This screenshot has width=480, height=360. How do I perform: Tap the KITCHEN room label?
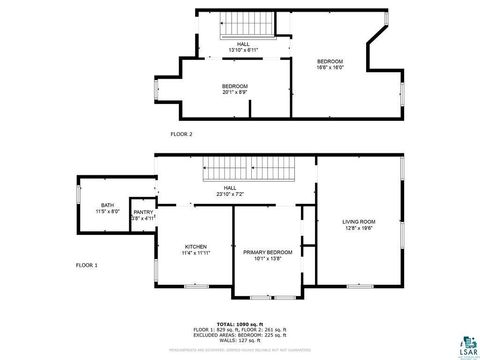[195, 247]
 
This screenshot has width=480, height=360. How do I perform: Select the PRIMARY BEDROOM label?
[267, 252]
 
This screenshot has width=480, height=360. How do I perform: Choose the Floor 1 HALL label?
[229, 188]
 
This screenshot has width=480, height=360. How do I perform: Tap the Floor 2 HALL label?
[243, 44]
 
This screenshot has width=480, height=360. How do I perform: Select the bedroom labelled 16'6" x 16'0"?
[330, 63]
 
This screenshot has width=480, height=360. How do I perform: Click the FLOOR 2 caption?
[181, 134]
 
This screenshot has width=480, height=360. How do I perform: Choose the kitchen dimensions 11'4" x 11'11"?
[195, 253]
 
